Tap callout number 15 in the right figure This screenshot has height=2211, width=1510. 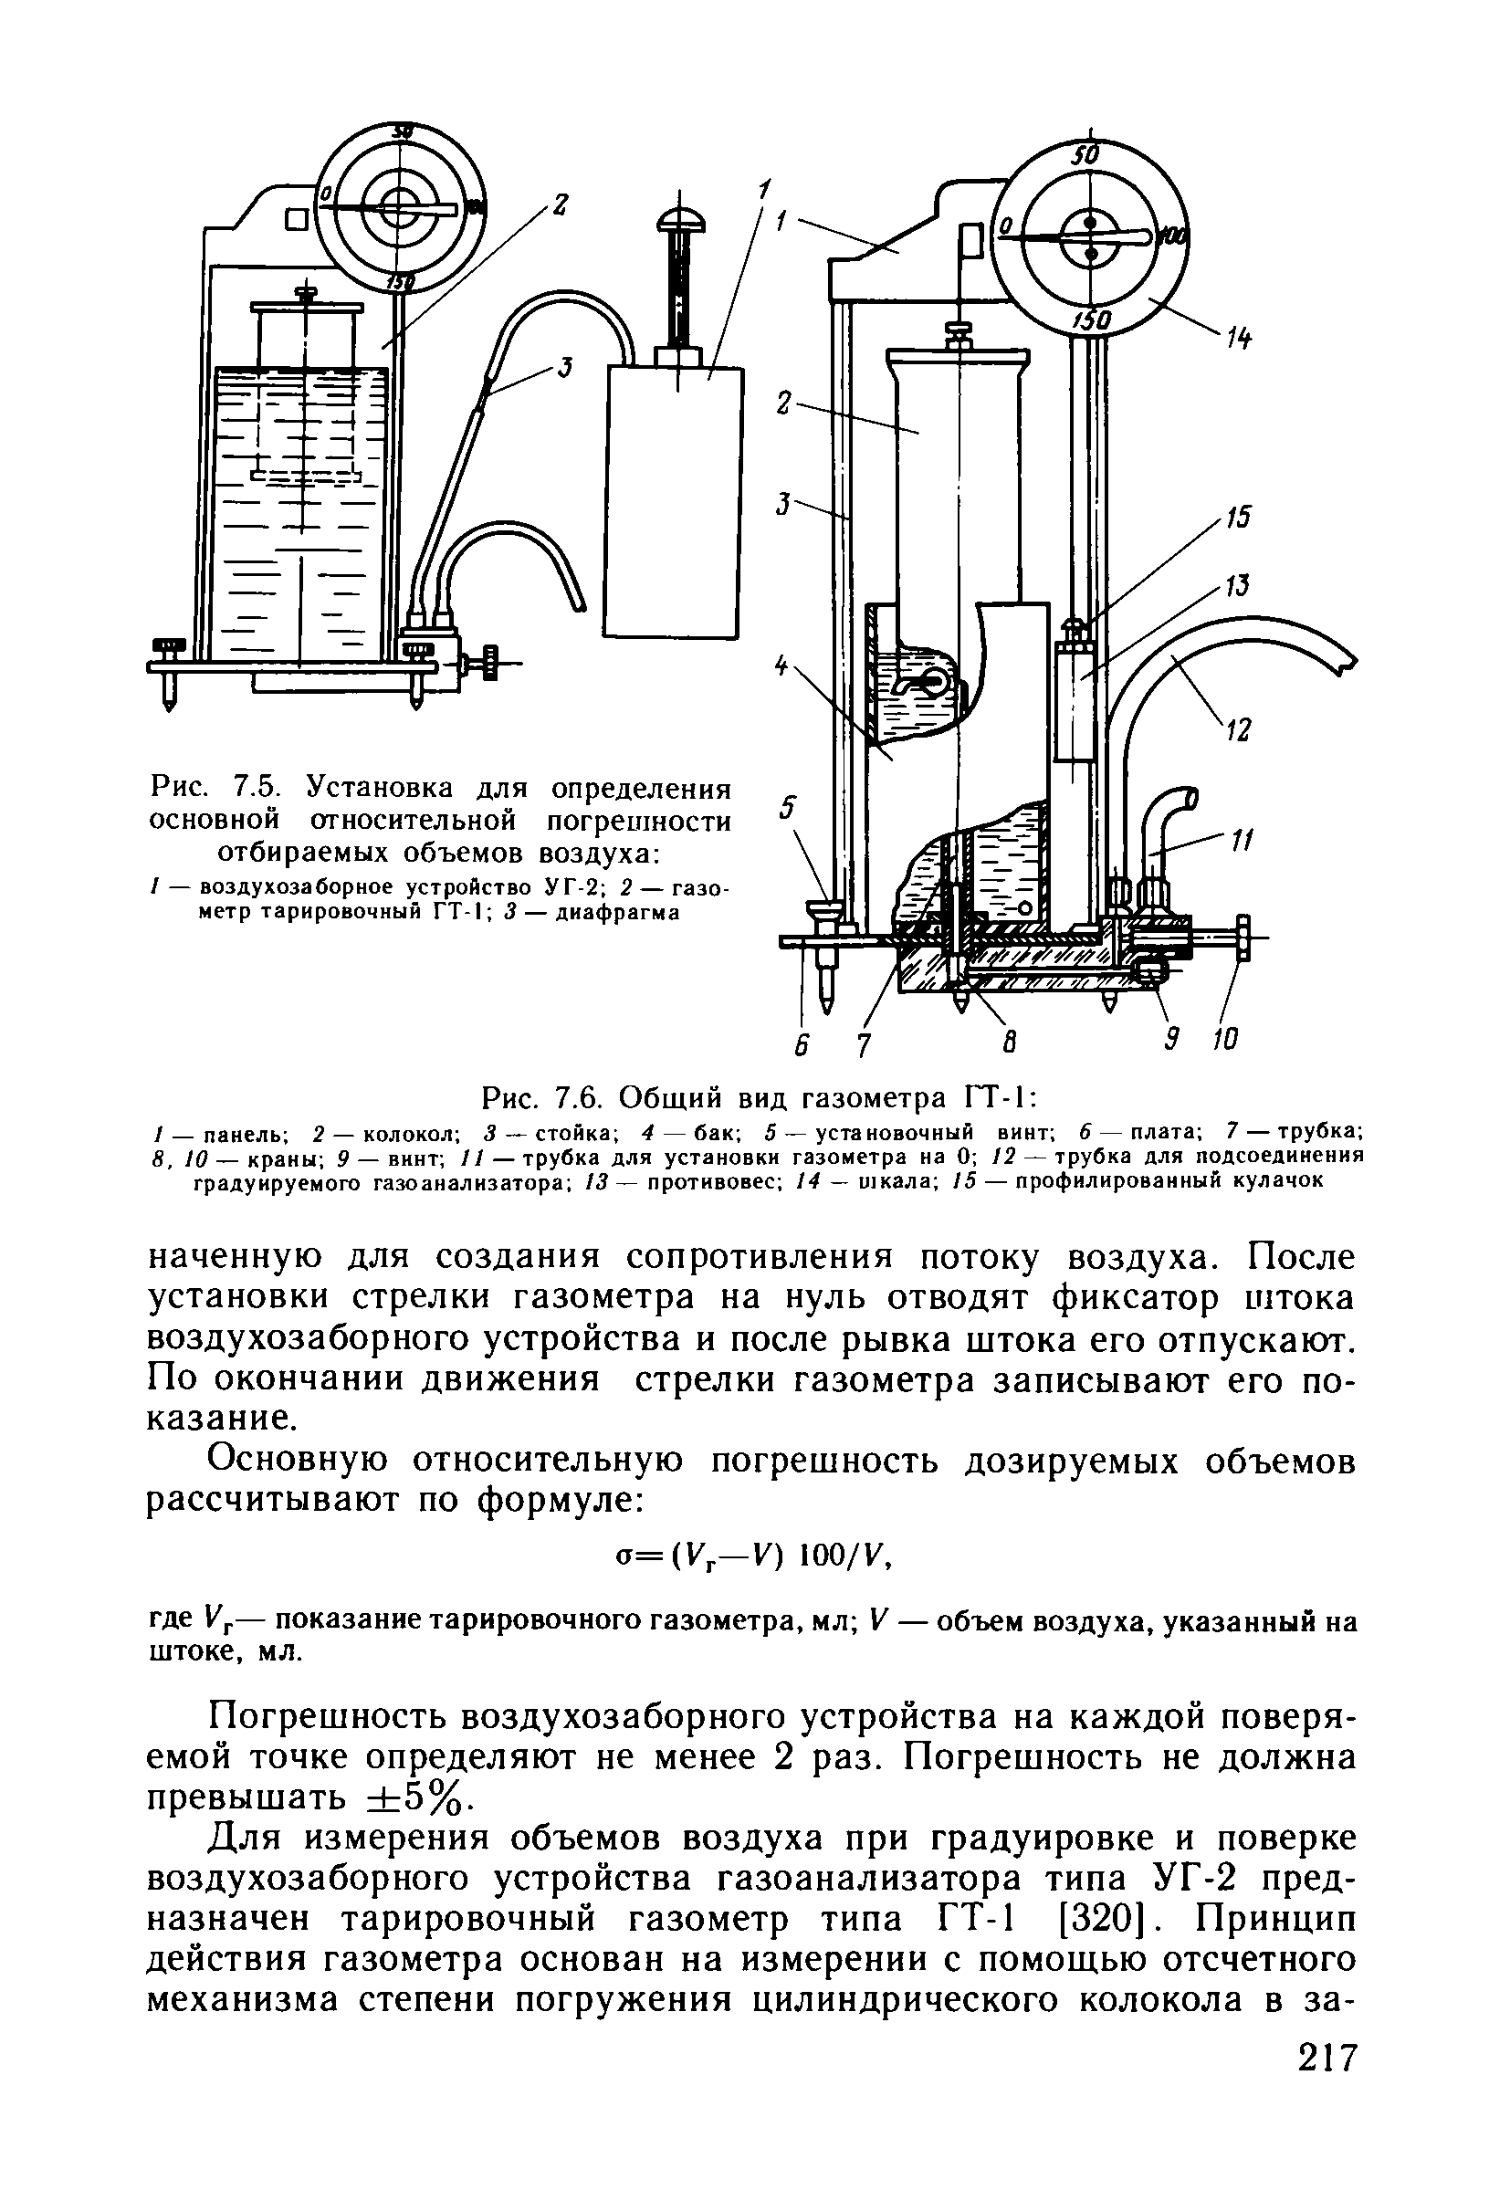(x=1237, y=518)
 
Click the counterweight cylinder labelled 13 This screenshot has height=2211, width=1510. (x=1075, y=701)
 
